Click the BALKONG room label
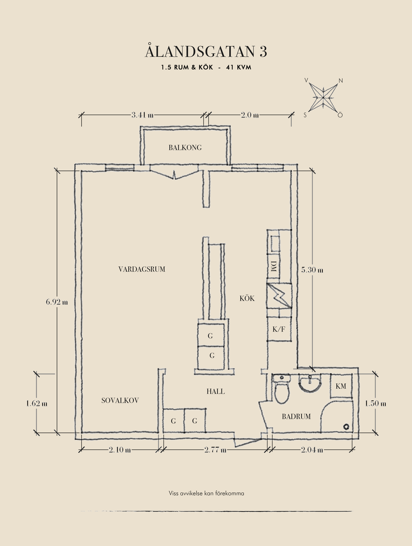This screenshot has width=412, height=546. click(x=185, y=148)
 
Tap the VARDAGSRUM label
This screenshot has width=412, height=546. click(x=142, y=269)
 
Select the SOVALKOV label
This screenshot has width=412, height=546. click(x=120, y=400)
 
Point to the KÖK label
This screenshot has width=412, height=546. click(x=247, y=298)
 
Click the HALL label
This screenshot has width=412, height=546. click(x=216, y=392)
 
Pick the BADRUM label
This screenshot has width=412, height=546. click(x=296, y=417)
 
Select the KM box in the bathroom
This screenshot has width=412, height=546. click(x=341, y=386)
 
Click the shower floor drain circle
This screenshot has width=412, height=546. click(x=346, y=427)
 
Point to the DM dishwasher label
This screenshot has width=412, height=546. click(x=273, y=266)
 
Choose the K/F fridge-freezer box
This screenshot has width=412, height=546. click(x=279, y=329)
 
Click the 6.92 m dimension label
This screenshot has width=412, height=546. click(x=57, y=302)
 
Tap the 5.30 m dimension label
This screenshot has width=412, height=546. click(x=312, y=270)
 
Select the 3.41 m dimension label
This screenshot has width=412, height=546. click(x=142, y=115)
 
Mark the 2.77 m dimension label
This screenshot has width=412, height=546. click(x=215, y=450)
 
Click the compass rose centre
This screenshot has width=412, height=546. click(x=323, y=98)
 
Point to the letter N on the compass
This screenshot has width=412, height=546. click(x=341, y=81)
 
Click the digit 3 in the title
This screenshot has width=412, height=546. click(x=263, y=51)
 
